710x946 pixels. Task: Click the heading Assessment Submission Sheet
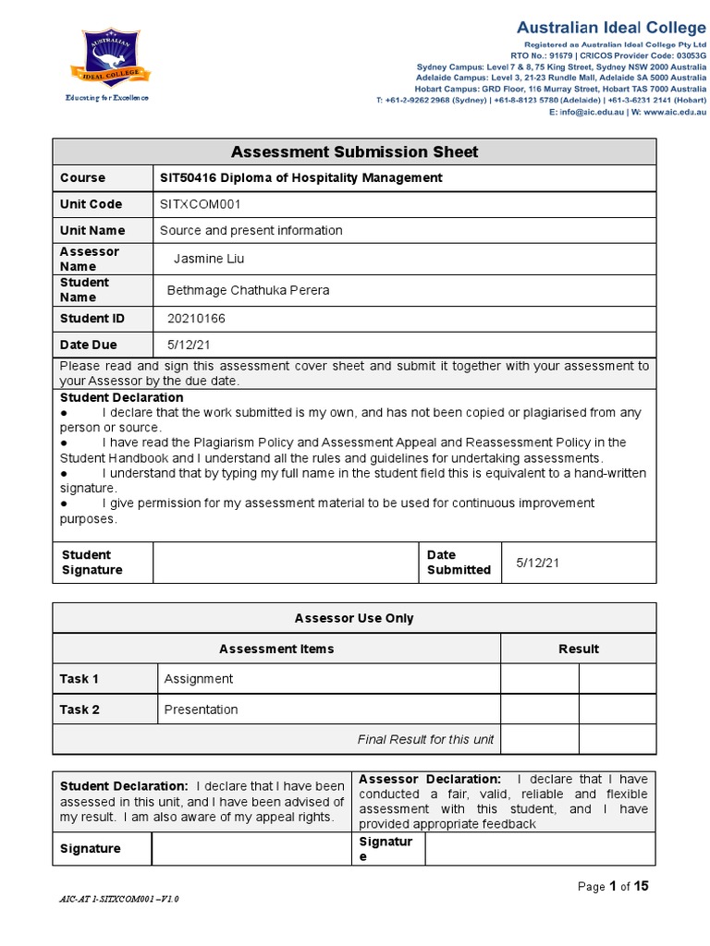(x=354, y=152)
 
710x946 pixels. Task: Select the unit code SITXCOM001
(x=200, y=203)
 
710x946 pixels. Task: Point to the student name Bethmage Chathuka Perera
(x=247, y=290)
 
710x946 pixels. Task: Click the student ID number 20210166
(x=195, y=319)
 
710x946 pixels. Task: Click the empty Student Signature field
(x=286, y=563)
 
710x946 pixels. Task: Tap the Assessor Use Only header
(x=354, y=618)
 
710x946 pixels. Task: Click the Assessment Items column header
(x=276, y=649)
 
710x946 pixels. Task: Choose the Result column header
(x=578, y=649)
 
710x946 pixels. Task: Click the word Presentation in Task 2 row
(x=201, y=709)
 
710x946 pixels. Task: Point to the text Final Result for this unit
(x=425, y=739)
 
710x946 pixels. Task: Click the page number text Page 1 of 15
(x=613, y=887)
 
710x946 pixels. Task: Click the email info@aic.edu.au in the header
(x=593, y=112)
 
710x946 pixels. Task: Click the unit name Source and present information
(x=251, y=230)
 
